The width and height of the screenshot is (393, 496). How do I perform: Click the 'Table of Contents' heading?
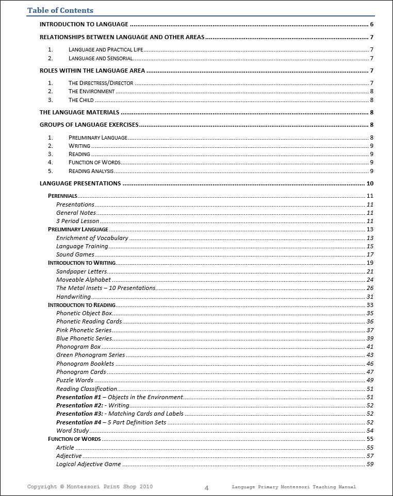pyautogui.click(x=60, y=10)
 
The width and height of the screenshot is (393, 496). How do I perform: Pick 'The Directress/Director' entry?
pyautogui.click(x=101, y=83)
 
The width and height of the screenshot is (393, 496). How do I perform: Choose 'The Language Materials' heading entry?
pyautogui.click(x=79, y=112)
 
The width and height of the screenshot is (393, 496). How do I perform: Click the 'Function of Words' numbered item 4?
pyautogui.click(x=94, y=162)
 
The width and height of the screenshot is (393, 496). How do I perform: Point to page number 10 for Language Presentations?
pyautogui.click(x=370, y=183)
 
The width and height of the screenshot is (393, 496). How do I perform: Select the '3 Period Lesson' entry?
pyautogui.click(x=77, y=221)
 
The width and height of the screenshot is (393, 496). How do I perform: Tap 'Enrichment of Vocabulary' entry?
pyautogui.click(x=92, y=238)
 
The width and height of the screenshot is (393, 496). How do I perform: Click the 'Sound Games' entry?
pyautogui.click(x=75, y=254)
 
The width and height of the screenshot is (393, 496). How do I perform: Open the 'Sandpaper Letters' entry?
pyautogui.click(x=81, y=271)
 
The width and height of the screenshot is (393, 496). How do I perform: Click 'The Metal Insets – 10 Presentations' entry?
pyautogui.click(x=106, y=288)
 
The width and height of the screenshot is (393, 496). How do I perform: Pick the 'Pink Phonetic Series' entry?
pyautogui.click(x=84, y=330)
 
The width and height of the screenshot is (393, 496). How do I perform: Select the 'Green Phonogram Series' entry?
pyautogui.click(x=90, y=355)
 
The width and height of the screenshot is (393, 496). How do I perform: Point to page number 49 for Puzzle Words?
pyautogui.click(x=370, y=380)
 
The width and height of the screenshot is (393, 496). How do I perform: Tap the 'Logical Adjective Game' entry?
pyautogui.click(x=88, y=464)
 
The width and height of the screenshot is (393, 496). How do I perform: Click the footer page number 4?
pyautogui.click(x=206, y=488)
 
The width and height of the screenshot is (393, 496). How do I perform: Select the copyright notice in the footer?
pyautogui.click(x=90, y=487)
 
